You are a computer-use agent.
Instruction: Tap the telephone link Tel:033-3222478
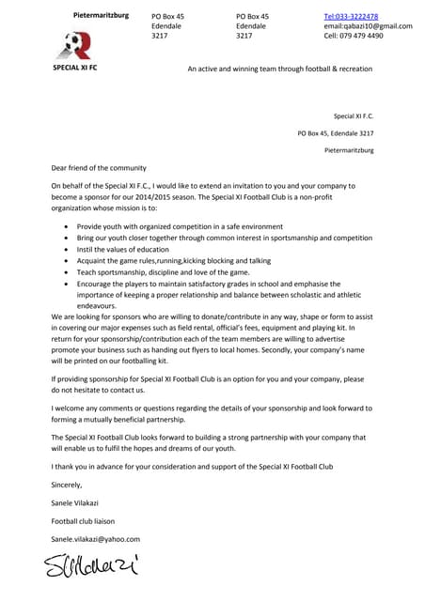[351, 16]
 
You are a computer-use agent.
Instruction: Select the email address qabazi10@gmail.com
[368, 26]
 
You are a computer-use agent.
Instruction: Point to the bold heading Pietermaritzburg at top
[101, 15]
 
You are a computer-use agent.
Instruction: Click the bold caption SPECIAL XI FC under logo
[74, 69]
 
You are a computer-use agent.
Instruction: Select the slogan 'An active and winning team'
[279, 69]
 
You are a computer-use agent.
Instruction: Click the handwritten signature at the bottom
[91, 566]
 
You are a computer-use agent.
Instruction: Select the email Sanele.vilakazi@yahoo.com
[95, 539]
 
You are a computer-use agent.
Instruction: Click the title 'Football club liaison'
[86, 521]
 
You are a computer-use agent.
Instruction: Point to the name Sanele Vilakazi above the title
[78, 503]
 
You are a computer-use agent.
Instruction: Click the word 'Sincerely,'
[67, 485]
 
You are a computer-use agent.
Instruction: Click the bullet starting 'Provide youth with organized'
[180, 226]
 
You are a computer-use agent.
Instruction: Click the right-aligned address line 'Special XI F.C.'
[354, 116]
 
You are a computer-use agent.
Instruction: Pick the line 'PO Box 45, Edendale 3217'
[335, 133]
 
